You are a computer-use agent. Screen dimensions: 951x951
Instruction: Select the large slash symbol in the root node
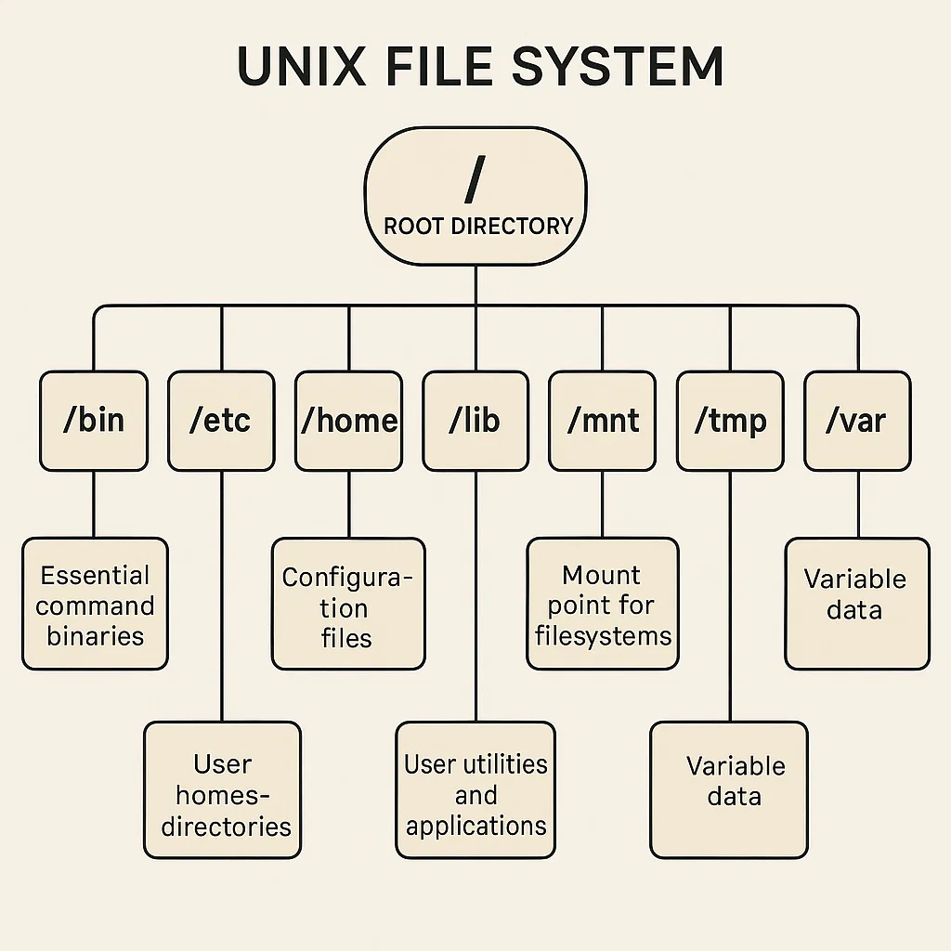(x=475, y=179)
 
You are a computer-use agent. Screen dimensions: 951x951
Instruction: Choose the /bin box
(x=94, y=420)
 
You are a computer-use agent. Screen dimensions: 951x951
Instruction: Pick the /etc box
(x=221, y=420)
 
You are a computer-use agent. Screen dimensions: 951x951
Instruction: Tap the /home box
(x=348, y=420)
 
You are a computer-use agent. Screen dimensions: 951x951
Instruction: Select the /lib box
(x=475, y=420)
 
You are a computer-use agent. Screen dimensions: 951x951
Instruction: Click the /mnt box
(x=603, y=420)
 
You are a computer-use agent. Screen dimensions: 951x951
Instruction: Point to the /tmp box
(x=730, y=420)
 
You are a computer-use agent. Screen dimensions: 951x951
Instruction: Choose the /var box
(x=856, y=420)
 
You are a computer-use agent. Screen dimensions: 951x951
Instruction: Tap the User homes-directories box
(x=222, y=790)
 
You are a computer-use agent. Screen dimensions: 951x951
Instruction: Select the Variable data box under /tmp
(x=729, y=790)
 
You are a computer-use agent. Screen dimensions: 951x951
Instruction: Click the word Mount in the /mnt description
(x=602, y=575)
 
